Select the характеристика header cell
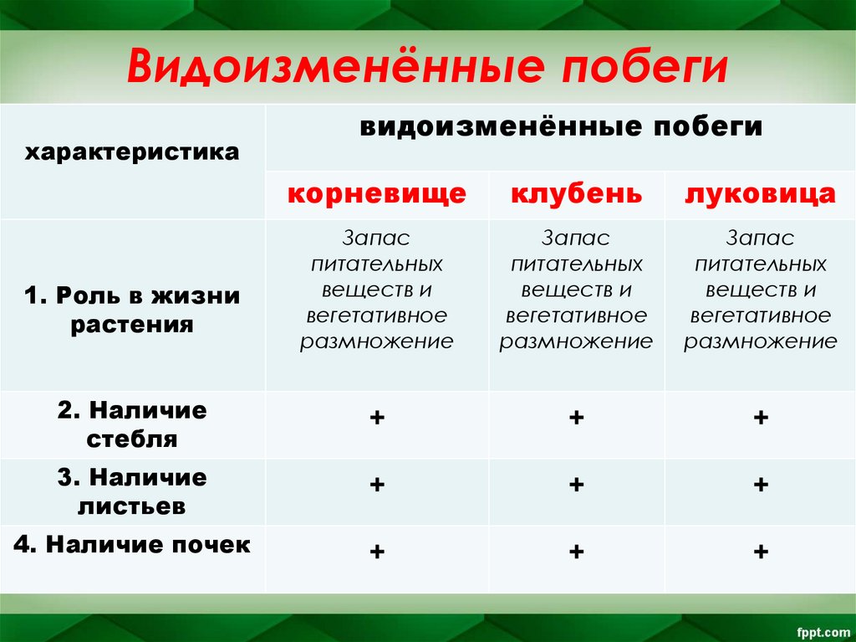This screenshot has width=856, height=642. click(131, 152)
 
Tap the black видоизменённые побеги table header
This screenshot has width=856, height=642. click(561, 127)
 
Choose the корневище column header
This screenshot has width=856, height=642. click(377, 194)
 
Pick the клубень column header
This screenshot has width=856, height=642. click(577, 194)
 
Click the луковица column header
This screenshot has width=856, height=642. click(760, 194)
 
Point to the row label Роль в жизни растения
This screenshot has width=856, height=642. click(131, 310)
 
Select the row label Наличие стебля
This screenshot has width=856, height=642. click(131, 424)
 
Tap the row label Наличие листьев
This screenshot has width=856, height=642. click(131, 491)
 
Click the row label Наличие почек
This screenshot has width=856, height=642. click(131, 545)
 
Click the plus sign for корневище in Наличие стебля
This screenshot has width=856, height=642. click(377, 417)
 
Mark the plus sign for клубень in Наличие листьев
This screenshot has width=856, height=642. click(577, 484)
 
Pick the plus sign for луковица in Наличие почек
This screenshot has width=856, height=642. click(760, 551)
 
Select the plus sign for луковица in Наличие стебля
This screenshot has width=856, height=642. click(760, 417)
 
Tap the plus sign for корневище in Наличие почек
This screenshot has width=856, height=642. click(377, 551)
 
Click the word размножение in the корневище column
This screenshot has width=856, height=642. click(377, 342)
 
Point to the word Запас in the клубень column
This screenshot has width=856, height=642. click(576, 238)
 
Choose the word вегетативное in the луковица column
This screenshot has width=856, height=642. click(760, 316)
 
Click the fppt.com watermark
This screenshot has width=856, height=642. click(823, 630)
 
